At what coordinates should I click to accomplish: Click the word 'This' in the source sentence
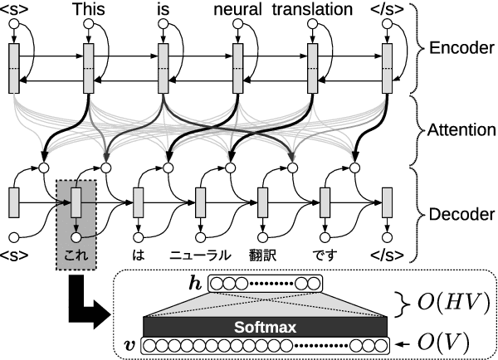pyautogui.click(x=90, y=11)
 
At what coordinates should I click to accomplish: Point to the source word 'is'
pyautogui.click(x=163, y=11)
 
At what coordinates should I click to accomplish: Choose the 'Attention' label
pyautogui.click(x=461, y=130)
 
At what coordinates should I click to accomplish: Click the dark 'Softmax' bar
pyautogui.click(x=265, y=326)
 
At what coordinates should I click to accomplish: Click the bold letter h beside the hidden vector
pyautogui.click(x=195, y=284)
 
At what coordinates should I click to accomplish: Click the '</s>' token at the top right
pyautogui.click(x=390, y=11)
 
